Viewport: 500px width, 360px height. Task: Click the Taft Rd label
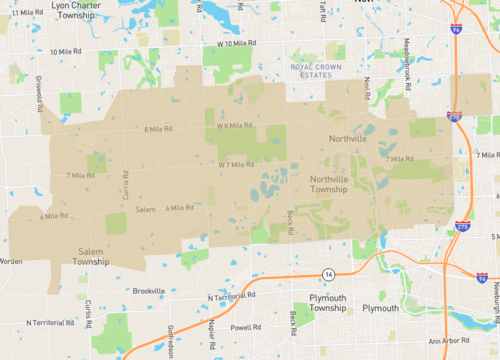[323, 10]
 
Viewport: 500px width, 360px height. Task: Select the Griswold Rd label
[40, 98]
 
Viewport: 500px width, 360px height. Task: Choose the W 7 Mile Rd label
[236, 164]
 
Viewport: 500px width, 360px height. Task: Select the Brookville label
[148, 291]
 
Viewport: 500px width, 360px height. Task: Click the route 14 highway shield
[327, 272]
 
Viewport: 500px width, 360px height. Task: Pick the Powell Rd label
[245, 327]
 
